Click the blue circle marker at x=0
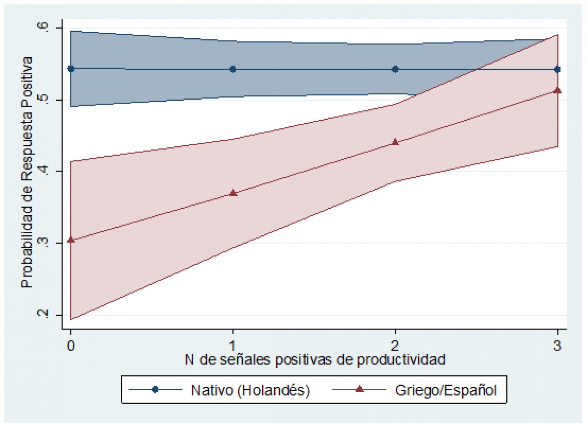coord(71,69)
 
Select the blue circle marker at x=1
coord(233,69)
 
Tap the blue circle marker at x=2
coord(395,69)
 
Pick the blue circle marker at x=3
coord(557,69)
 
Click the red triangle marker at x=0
coord(71,240)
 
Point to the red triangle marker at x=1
coord(233,193)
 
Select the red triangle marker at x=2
coord(395,142)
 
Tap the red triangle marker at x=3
coord(557,90)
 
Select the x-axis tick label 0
coord(71,345)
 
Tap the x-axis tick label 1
coord(233,345)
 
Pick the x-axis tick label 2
coord(395,345)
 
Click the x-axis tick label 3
coord(557,345)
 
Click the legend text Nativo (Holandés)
coord(250,390)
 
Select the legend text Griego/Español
coord(446,390)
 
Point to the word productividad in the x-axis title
coord(401,360)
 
